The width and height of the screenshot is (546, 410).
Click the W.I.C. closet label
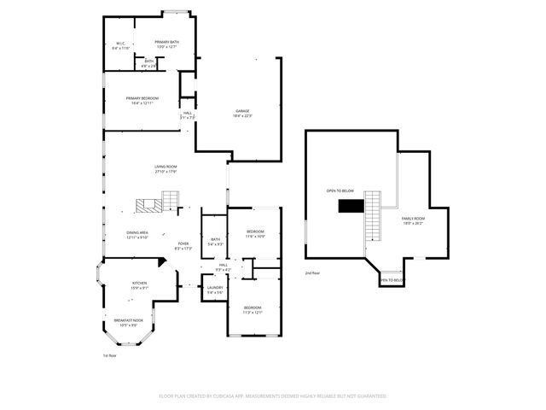(120, 46)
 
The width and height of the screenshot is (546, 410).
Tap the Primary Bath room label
(166, 44)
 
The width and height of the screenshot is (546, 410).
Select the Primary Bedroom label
(142, 100)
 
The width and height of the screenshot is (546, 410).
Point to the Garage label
(243, 114)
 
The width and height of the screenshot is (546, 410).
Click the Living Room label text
(166, 169)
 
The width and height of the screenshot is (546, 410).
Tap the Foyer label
(183, 246)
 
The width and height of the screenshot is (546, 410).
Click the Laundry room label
(215, 290)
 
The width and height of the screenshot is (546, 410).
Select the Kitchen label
(139, 284)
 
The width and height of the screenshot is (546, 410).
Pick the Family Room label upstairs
(413, 220)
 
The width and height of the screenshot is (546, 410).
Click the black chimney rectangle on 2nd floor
(350, 205)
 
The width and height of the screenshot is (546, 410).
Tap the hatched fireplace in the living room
(146, 205)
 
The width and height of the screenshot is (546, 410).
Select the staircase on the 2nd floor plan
(373, 216)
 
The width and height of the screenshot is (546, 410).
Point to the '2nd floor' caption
(312, 273)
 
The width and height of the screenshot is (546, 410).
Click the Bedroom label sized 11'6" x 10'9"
(256, 234)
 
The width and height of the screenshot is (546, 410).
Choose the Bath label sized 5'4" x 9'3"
(215, 242)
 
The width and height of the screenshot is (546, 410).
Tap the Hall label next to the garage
(187, 114)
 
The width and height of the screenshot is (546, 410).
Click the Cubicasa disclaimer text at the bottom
(273, 396)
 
